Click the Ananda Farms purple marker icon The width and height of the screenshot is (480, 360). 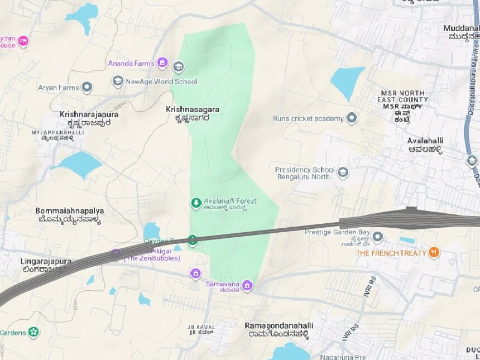pyautogui.click(x=162, y=63)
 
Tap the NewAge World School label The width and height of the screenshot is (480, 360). pyautogui.click(x=161, y=81)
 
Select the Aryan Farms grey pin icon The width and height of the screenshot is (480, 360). pyautogui.click(x=87, y=88)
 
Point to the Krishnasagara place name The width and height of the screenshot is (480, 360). pyautogui.click(x=192, y=109)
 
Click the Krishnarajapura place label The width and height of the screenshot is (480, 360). pyautogui.click(x=89, y=114)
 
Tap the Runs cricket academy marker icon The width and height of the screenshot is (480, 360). pyautogui.click(x=352, y=118)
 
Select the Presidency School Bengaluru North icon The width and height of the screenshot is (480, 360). pyautogui.click(x=343, y=172)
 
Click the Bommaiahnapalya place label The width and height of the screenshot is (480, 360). pyautogui.click(x=69, y=211)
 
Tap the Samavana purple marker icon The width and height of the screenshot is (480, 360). pyautogui.click(x=247, y=286)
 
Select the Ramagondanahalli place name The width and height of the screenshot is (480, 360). pyautogui.click(x=279, y=325)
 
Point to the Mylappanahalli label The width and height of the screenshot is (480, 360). pyautogui.click(x=58, y=133)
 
